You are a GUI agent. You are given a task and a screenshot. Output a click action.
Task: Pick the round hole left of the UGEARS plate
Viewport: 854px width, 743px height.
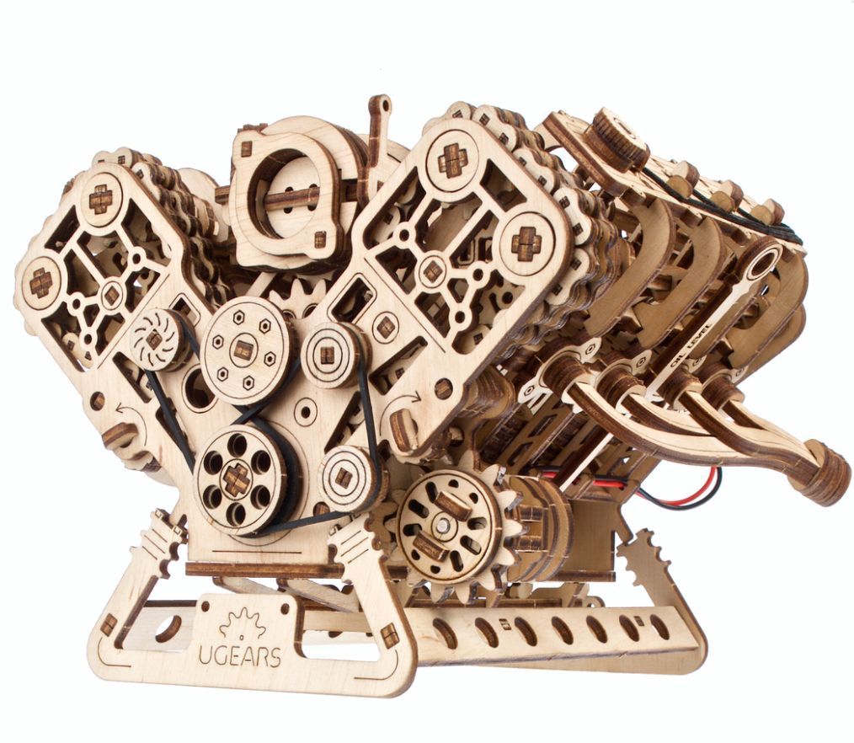pyautogui.click(x=168, y=628)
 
